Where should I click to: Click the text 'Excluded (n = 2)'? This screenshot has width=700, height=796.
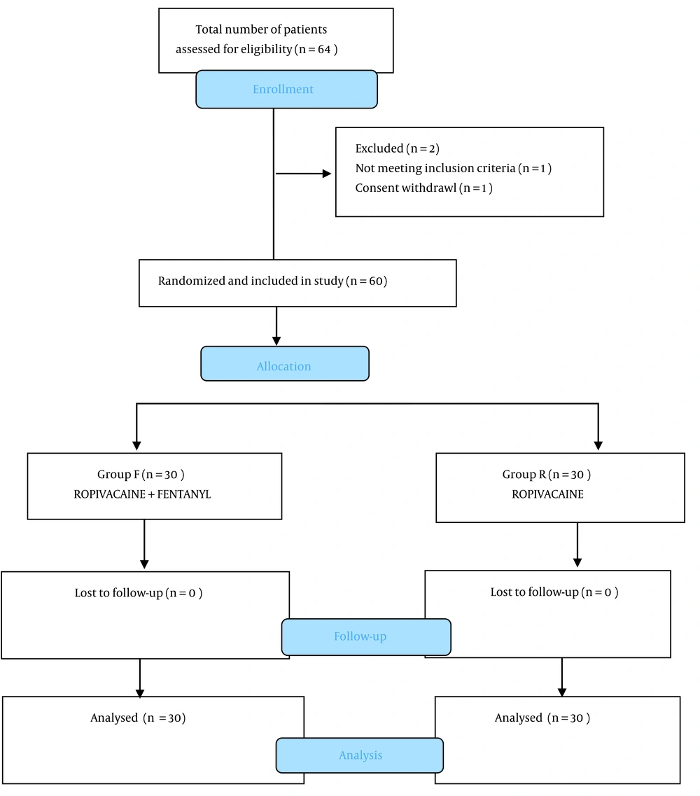[398, 148]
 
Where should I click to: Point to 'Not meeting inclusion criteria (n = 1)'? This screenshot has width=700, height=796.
[454, 168]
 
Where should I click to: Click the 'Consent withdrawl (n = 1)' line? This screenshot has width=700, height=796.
[424, 188]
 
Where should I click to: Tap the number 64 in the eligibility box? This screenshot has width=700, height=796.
[324, 49]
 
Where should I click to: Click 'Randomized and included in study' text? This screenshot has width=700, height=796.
[251, 281]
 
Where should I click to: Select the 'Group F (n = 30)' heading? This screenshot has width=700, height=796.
[141, 474]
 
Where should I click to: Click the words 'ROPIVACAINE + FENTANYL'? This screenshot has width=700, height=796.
[142, 494]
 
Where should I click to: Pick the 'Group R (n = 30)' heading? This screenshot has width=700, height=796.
[547, 474]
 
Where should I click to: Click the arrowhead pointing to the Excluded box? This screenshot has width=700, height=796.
[327, 174]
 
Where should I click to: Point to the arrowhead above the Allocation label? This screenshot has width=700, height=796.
[276, 341]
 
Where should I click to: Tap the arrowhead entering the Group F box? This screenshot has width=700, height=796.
[136, 445]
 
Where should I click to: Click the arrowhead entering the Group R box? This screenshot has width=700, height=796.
[598, 445]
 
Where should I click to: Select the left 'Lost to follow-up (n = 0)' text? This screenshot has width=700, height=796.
[139, 593]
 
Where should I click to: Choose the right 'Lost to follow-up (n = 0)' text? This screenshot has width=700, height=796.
[554, 592]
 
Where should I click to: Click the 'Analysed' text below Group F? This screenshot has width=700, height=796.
[114, 718]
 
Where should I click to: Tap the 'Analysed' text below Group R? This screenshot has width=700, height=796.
[519, 718]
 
